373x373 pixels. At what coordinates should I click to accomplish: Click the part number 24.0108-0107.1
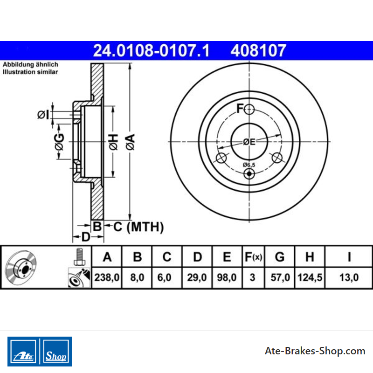[151, 50]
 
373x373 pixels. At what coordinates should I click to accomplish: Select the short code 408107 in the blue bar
[258, 50]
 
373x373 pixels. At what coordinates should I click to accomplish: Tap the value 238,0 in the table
[107, 277]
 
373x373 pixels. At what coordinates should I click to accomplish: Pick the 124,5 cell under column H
[310, 277]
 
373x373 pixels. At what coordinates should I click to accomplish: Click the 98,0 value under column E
[227, 277]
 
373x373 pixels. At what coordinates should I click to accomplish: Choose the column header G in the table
[280, 257]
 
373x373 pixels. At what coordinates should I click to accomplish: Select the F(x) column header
[253, 257]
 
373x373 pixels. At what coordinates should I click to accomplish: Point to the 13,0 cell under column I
[349, 277]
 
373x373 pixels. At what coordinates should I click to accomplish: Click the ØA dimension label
[131, 142]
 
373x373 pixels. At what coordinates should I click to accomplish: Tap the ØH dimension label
[113, 142]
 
